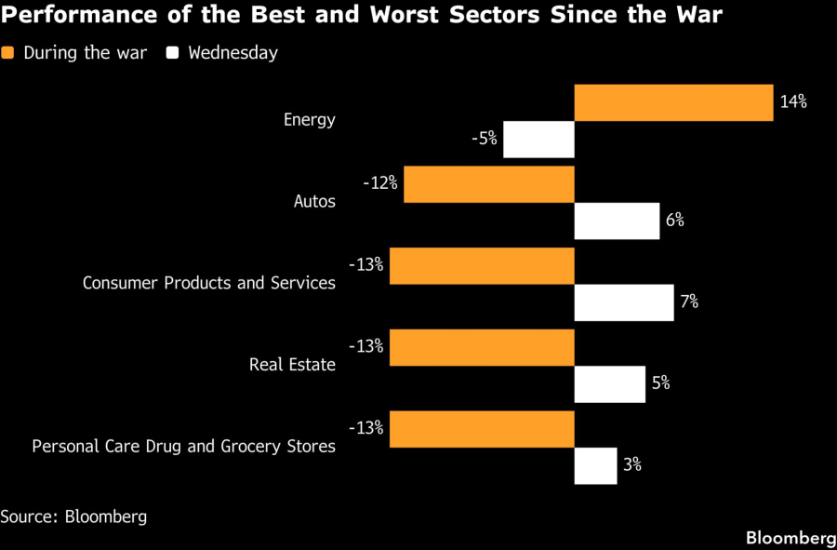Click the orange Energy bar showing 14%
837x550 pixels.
click(x=673, y=102)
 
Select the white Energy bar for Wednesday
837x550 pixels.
click(x=538, y=140)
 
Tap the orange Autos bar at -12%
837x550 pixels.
click(x=489, y=184)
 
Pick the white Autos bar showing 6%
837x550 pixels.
click(x=617, y=221)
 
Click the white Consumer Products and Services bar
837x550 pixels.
click(x=624, y=302)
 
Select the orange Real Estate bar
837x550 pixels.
click(x=482, y=347)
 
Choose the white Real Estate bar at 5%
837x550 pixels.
click(x=610, y=383)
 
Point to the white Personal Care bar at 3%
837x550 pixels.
click(x=595, y=465)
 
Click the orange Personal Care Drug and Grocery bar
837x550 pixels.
click(x=482, y=428)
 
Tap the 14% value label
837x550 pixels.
click(x=792, y=102)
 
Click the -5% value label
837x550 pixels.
click(x=485, y=140)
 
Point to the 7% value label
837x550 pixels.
click(x=688, y=302)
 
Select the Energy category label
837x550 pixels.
click(x=310, y=119)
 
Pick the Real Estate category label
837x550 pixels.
click(x=292, y=365)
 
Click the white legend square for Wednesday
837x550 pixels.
click(x=172, y=53)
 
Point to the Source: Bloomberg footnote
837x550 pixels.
click(x=73, y=516)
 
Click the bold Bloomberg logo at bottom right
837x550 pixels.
click(x=790, y=538)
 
